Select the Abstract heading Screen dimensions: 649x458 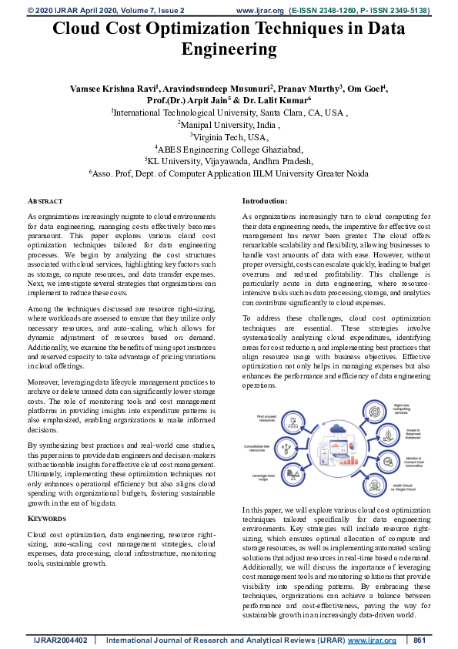point(45,200)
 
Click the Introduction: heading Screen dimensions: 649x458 point(265,200)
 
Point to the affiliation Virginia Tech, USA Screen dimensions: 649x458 point(229,136)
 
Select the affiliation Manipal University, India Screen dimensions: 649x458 point(229,124)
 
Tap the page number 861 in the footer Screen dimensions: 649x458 point(420,641)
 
